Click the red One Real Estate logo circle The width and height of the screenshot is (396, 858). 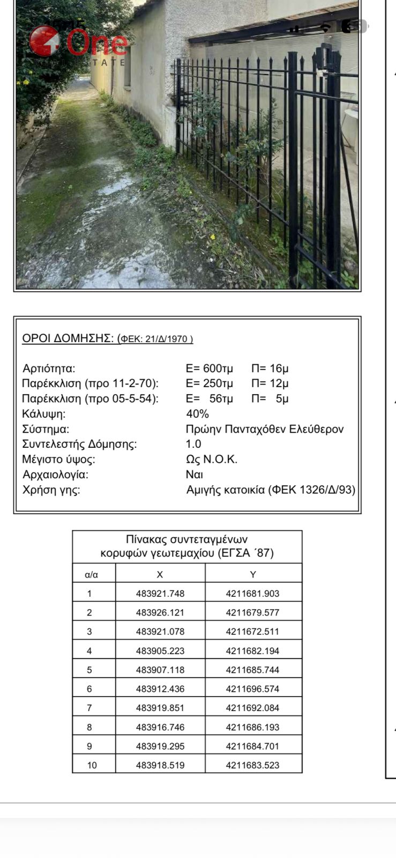44,41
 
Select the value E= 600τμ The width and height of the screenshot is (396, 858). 209,368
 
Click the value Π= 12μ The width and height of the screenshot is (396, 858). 270,383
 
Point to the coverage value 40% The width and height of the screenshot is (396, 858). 197,414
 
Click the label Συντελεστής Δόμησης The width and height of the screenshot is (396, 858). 79,444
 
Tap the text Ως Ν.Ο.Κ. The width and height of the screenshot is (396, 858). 211,460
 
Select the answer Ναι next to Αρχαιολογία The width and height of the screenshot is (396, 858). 194,475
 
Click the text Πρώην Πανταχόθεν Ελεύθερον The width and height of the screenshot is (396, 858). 264,429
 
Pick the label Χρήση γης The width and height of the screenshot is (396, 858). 51,490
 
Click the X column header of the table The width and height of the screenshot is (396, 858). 160,574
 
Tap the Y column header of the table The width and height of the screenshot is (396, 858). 253,574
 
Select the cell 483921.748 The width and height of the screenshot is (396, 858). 160,594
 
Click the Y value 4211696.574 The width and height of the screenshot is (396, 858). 252,689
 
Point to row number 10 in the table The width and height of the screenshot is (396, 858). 92,765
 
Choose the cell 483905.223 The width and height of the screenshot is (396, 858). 160,651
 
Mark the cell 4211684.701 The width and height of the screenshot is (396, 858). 252,746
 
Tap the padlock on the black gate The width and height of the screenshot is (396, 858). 321,70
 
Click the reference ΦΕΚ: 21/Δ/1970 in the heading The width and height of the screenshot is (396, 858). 155,339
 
